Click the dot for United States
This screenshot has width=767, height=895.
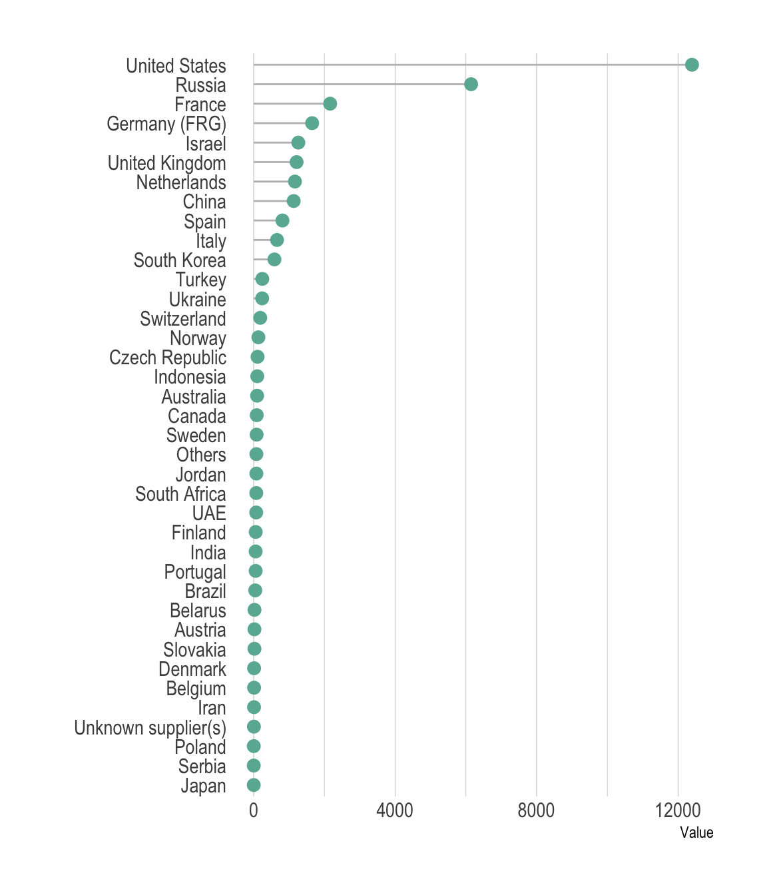click(x=692, y=65)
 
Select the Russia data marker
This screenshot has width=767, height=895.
click(x=471, y=84)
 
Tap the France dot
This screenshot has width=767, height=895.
click(x=330, y=104)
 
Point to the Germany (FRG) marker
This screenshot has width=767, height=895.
click(x=312, y=123)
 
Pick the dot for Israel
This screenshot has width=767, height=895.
click(x=298, y=143)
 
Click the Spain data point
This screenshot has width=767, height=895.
click(x=282, y=220)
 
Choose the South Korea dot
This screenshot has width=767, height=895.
click(x=274, y=260)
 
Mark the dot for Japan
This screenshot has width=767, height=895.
click(x=254, y=785)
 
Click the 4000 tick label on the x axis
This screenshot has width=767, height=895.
click(x=395, y=810)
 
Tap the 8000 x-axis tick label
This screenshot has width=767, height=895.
click(x=536, y=810)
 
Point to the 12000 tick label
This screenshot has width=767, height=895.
click(x=678, y=810)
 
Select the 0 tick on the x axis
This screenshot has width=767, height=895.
click(x=254, y=810)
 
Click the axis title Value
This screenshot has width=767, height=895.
click(x=696, y=832)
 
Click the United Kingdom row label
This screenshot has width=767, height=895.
click(x=167, y=163)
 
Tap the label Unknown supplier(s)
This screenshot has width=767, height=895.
click(x=150, y=728)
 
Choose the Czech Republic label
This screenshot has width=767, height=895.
click(x=168, y=358)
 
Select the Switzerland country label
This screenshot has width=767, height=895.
click(x=183, y=319)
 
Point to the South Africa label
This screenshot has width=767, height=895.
click(x=180, y=494)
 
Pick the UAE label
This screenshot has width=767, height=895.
click(x=209, y=513)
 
